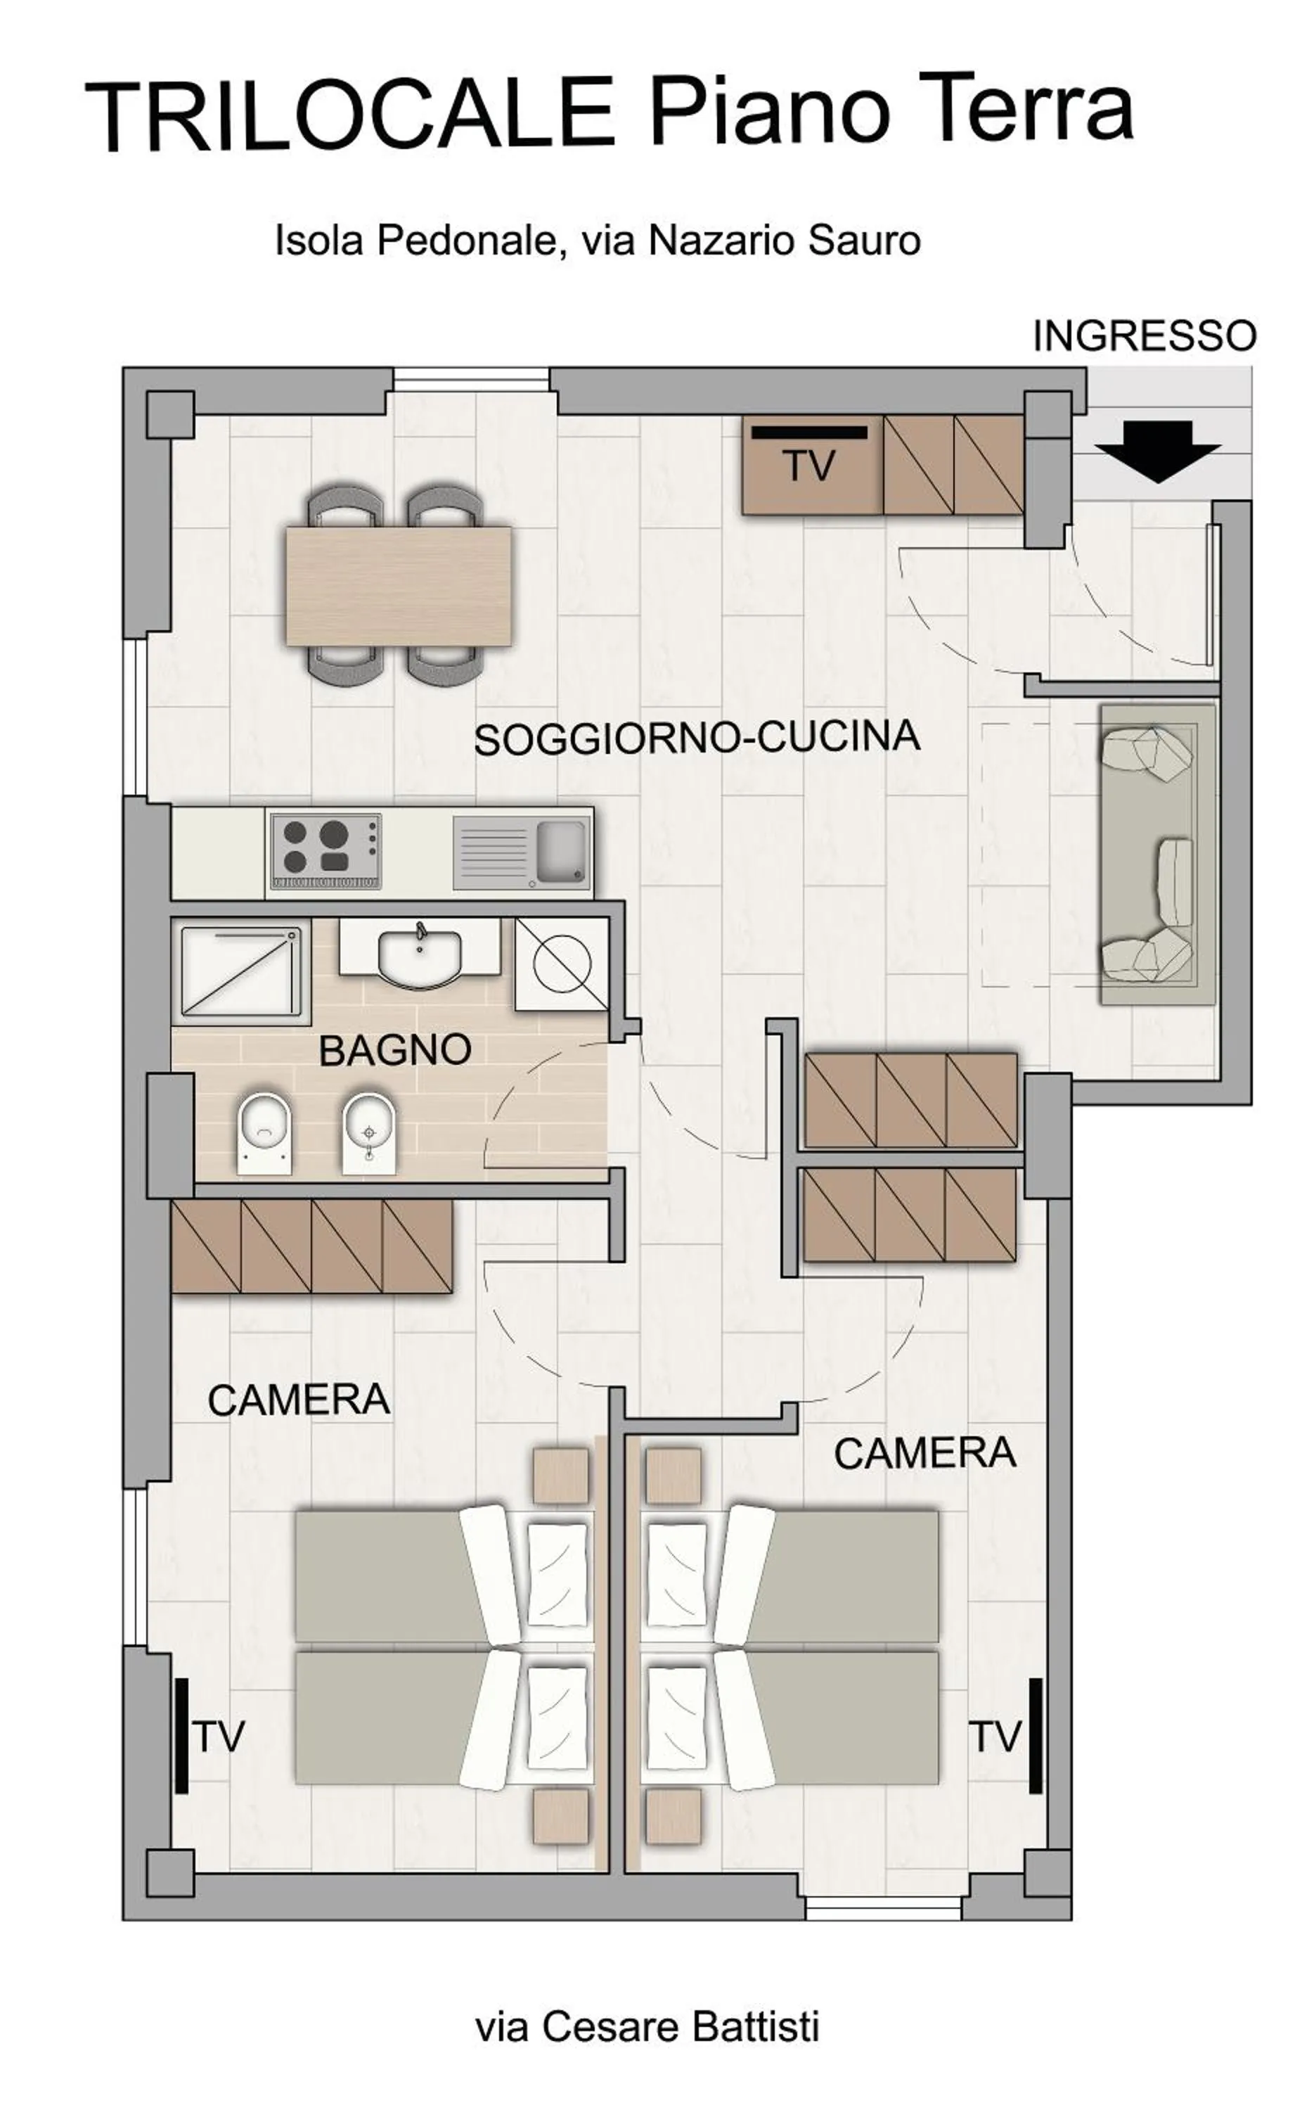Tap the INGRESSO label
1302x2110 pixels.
pyautogui.click(x=1144, y=336)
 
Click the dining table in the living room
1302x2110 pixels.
pyautogui.click(x=398, y=587)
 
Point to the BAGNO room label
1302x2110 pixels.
pyautogui.click(x=395, y=1050)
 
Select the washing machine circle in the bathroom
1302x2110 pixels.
pyautogui.click(x=562, y=963)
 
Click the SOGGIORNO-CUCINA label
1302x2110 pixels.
pyautogui.click(x=697, y=738)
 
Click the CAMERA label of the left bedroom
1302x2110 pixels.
pyautogui.click(x=298, y=1400)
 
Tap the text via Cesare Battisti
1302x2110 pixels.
pyautogui.click(x=647, y=2026)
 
